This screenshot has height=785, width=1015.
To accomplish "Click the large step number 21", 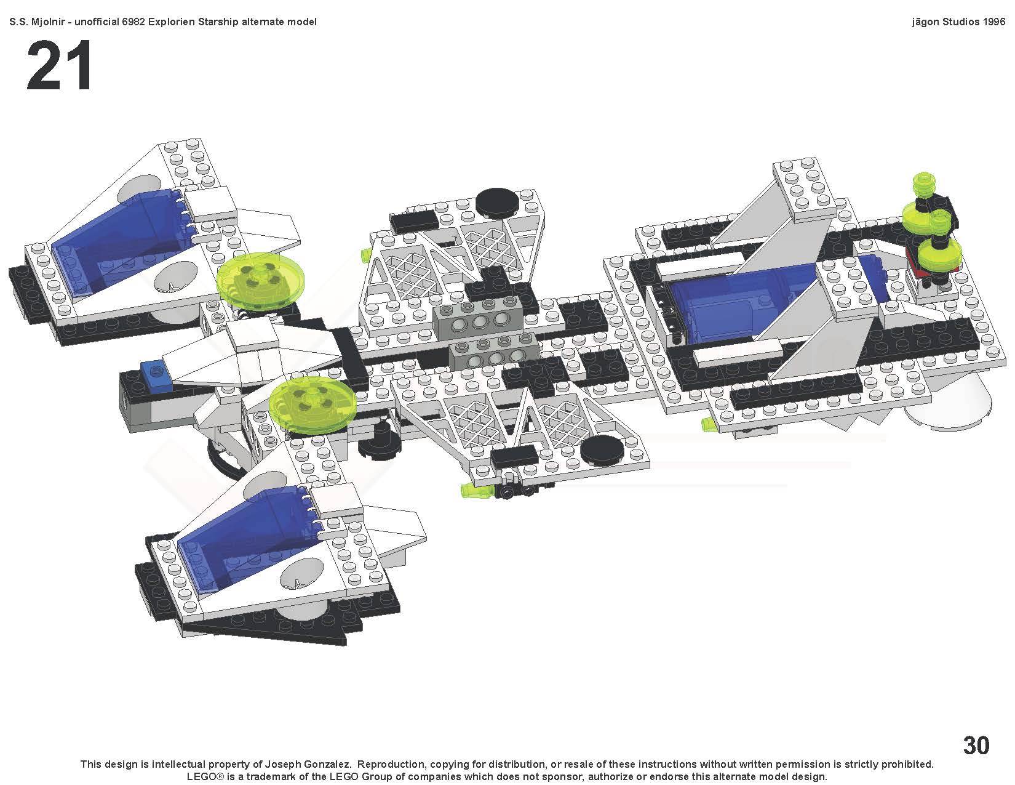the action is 59,66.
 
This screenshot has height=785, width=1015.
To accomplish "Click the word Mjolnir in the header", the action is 46,22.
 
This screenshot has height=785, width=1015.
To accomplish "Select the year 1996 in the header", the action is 993,22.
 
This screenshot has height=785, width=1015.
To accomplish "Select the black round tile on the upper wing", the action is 496,201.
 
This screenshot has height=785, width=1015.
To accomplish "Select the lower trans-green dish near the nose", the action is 312,398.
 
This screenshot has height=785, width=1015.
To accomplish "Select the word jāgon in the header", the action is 925,22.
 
